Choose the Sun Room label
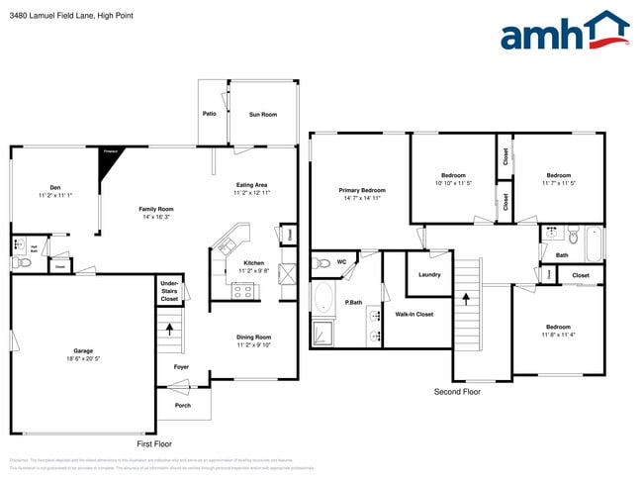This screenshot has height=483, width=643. (262, 115)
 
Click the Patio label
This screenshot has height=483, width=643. (210, 114)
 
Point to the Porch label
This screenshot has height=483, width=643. (182, 405)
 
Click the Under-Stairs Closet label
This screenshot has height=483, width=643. (169, 291)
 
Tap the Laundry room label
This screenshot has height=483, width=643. (429, 274)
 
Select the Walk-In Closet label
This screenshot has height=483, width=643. (414, 314)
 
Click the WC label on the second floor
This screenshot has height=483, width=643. (341, 262)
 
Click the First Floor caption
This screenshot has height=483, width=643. (153, 444)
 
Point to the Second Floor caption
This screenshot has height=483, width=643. (457, 392)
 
